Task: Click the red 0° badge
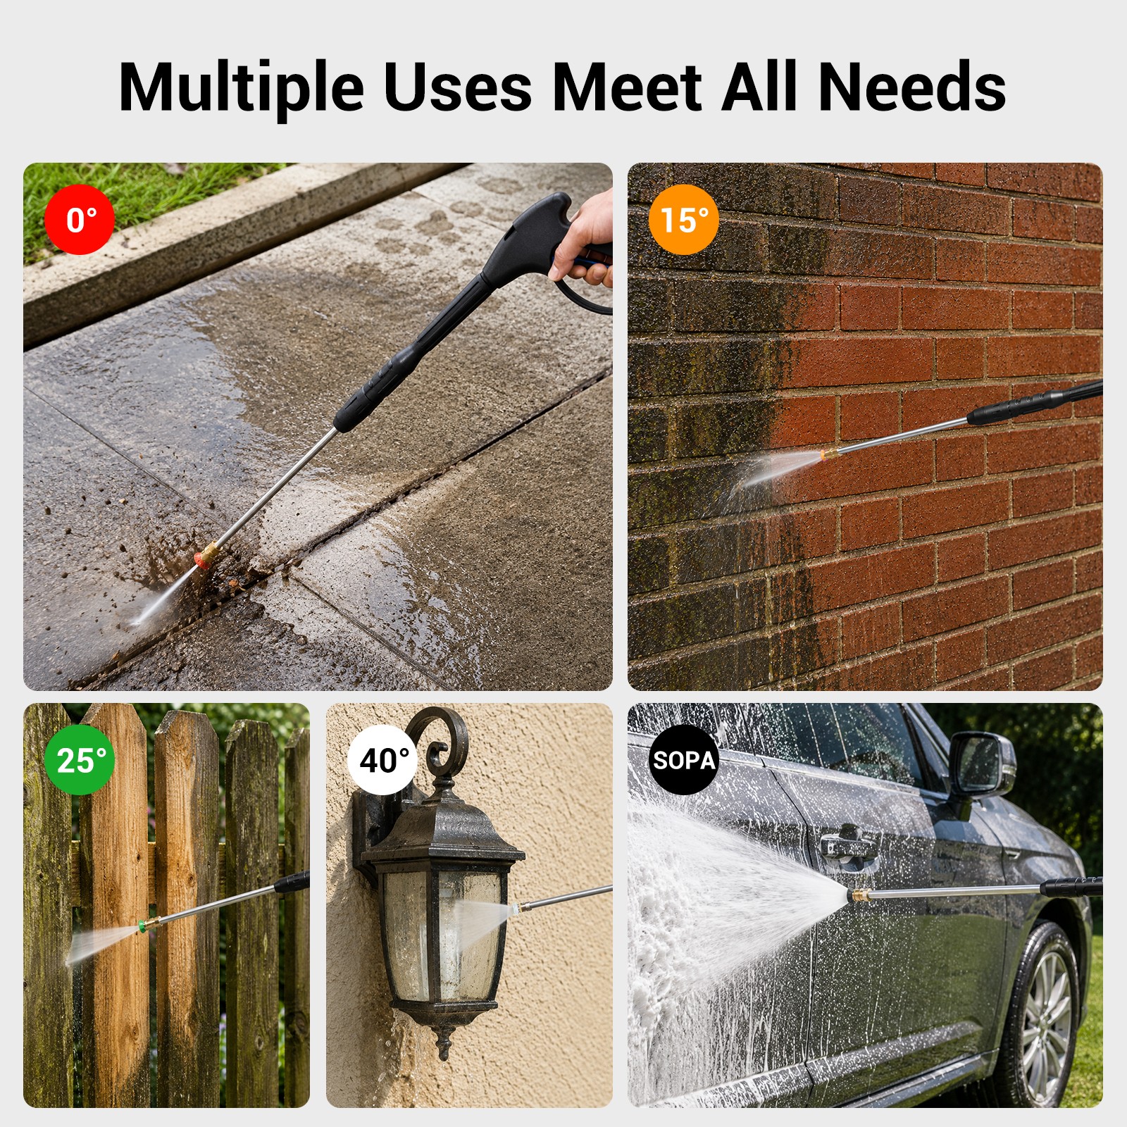[x=80, y=220]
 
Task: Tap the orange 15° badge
[x=683, y=220]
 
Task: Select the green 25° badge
[x=80, y=760]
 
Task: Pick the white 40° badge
[x=382, y=760]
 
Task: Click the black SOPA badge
[x=683, y=760]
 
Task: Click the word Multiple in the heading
[x=241, y=87]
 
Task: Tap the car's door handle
[x=850, y=842]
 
